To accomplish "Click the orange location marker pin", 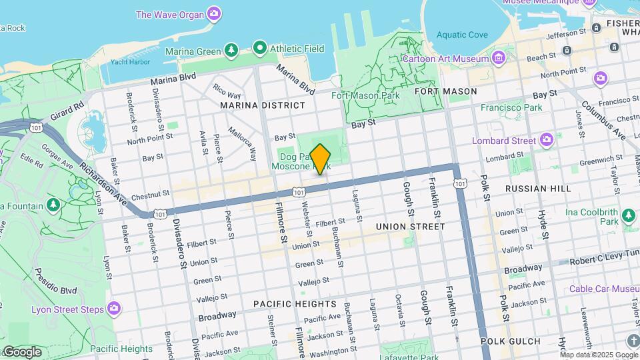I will (321, 159).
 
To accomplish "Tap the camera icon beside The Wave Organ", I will (214, 13).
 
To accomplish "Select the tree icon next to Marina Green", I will (231, 50).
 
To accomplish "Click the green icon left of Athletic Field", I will (259, 48).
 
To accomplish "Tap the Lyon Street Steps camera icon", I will (114, 308).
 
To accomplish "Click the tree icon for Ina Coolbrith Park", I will (627, 215).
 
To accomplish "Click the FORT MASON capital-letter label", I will (446, 91).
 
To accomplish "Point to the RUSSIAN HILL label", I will (538, 189).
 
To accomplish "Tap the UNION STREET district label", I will (410, 227).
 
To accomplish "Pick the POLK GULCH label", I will (511, 341).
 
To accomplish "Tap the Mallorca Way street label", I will (242, 143).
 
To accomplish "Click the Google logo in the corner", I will (21, 351).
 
